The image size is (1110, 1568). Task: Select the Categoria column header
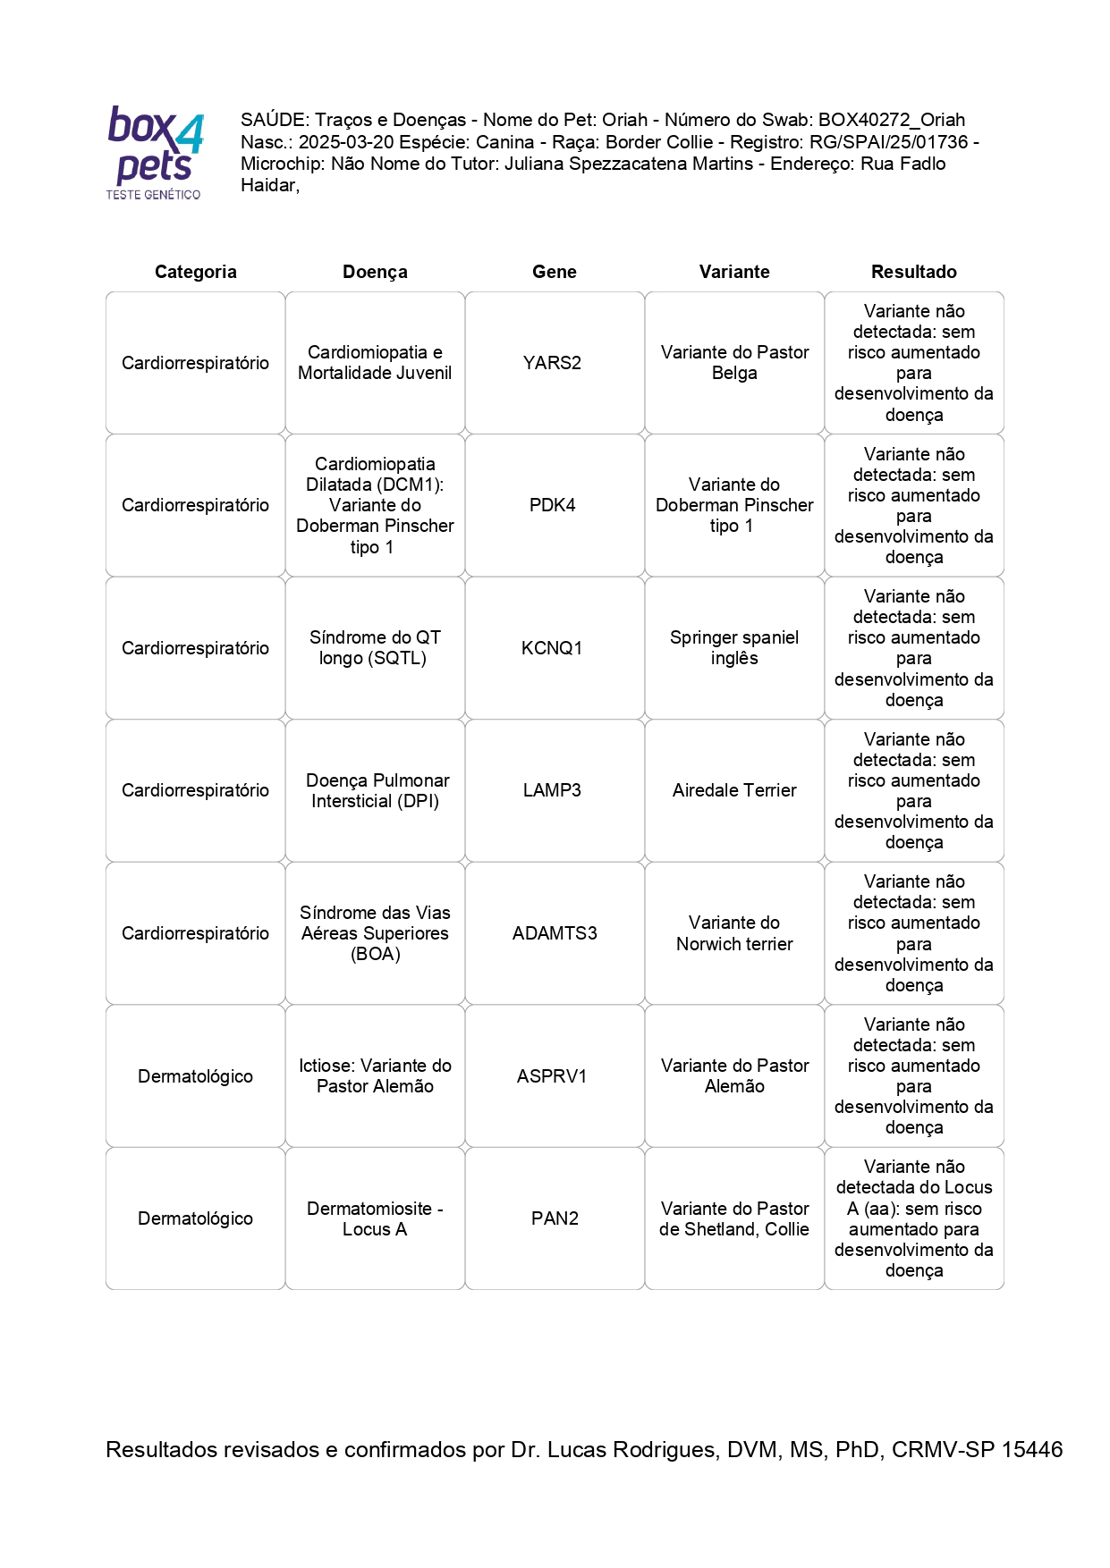point(195,272)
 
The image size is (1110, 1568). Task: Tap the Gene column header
point(554,272)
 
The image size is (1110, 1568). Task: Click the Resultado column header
point(913,272)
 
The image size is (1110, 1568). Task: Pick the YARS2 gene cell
point(552,363)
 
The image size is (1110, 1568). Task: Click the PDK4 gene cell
point(552,505)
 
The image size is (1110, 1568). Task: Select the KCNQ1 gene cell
point(552,648)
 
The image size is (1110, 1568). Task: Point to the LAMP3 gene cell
point(552,790)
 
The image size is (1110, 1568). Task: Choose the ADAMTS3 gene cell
point(555,933)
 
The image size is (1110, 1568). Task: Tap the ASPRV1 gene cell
point(552,1076)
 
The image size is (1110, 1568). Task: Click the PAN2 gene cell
point(555,1218)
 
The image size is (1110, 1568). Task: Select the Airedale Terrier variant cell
point(734,790)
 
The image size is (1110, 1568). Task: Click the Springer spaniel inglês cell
point(734,648)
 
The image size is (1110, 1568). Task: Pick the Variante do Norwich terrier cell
point(734,933)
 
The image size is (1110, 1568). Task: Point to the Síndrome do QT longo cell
point(375,648)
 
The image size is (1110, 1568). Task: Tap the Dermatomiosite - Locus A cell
point(375,1218)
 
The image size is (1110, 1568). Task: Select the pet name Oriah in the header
point(624,120)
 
